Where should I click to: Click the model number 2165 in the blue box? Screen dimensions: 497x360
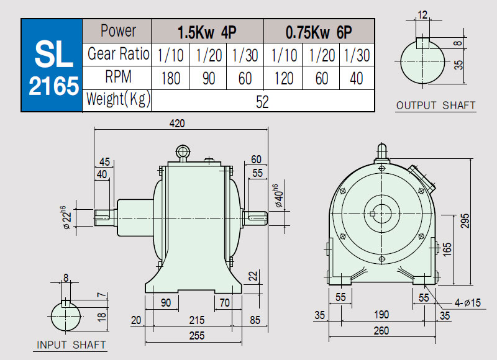(x=53, y=86)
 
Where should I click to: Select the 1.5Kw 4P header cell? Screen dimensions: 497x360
(x=207, y=32)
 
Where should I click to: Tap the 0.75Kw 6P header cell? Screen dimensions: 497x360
(x=319, y=32)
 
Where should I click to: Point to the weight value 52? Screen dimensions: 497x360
(x=262, y=102)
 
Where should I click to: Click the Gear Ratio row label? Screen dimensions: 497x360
(x=118, y=54)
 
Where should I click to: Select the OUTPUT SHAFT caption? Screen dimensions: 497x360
(x=436, y=106)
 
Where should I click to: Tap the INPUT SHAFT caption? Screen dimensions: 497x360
(x=71, y=345)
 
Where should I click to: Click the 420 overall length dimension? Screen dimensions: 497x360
(x=177, y=123)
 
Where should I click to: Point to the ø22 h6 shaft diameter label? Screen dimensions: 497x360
(x=66, y=217)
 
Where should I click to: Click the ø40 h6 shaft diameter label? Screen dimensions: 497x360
(x=278, y=196)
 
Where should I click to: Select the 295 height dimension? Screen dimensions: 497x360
(x=465, y=221)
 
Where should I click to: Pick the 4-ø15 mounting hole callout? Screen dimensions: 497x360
(x=468, y=303)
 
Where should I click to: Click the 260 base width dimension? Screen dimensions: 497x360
(x=381, y=331)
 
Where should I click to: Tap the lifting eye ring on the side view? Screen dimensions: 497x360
(x=183, y=151)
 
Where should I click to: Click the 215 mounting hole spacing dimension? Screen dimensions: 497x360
(x=196, y=320)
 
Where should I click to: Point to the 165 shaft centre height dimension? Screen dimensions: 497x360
(x=446, y=250)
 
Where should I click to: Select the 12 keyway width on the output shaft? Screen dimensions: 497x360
(x=422, y=14)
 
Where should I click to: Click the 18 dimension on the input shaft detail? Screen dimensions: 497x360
(x=101, y=317)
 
